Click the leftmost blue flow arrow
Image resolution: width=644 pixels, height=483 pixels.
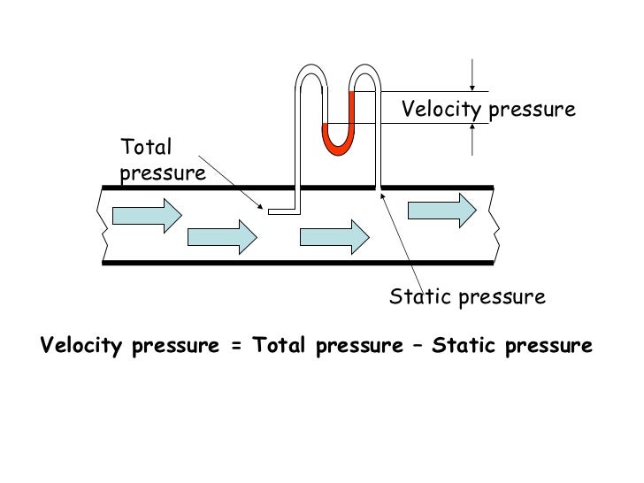pos(145,215)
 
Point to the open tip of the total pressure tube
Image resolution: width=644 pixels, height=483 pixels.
pos(271,211)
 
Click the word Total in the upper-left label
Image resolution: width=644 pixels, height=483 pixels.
pos(146,147)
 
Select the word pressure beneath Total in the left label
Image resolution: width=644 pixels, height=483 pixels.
pos(163,172)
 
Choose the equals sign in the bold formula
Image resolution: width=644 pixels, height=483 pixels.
pos(235,346)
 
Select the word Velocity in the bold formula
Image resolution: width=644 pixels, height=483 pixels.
pos(80,346)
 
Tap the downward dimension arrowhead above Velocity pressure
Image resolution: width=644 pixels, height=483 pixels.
pos(473,86)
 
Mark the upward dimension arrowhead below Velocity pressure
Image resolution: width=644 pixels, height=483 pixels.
pos(473,128)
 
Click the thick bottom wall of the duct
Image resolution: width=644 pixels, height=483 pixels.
pos(297,263)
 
